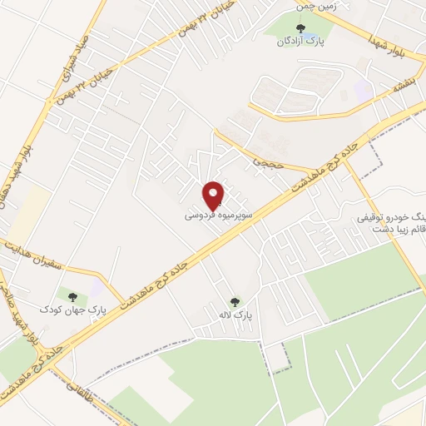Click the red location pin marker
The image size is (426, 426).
coord(214,195)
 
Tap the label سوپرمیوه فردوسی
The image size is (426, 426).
coord(213,215)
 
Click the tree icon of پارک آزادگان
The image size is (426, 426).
coord(300,30)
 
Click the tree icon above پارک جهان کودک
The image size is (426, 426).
coord(72,297)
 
